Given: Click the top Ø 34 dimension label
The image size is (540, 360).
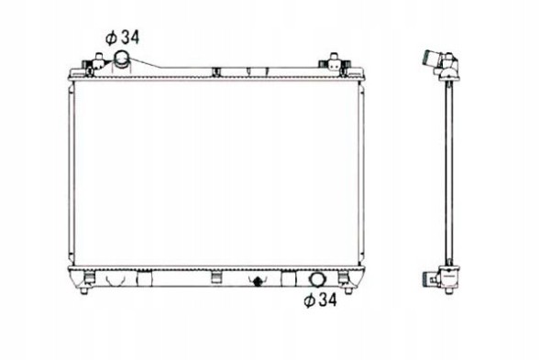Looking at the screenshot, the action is click(x=122, y=38).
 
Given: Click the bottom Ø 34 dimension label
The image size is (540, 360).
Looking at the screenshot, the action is click(x=320, y=300).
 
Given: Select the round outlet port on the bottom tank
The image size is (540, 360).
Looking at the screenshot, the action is click(x=316, y=279).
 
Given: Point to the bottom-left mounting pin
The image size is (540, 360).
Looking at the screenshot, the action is click(x=83, y=290).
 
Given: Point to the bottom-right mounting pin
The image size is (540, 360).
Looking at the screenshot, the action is click(x=348, y=290).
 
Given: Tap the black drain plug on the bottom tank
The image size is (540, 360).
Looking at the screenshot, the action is click(x=257, y=281).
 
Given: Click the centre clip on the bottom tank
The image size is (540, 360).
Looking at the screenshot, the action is click(x=216, y=278).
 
